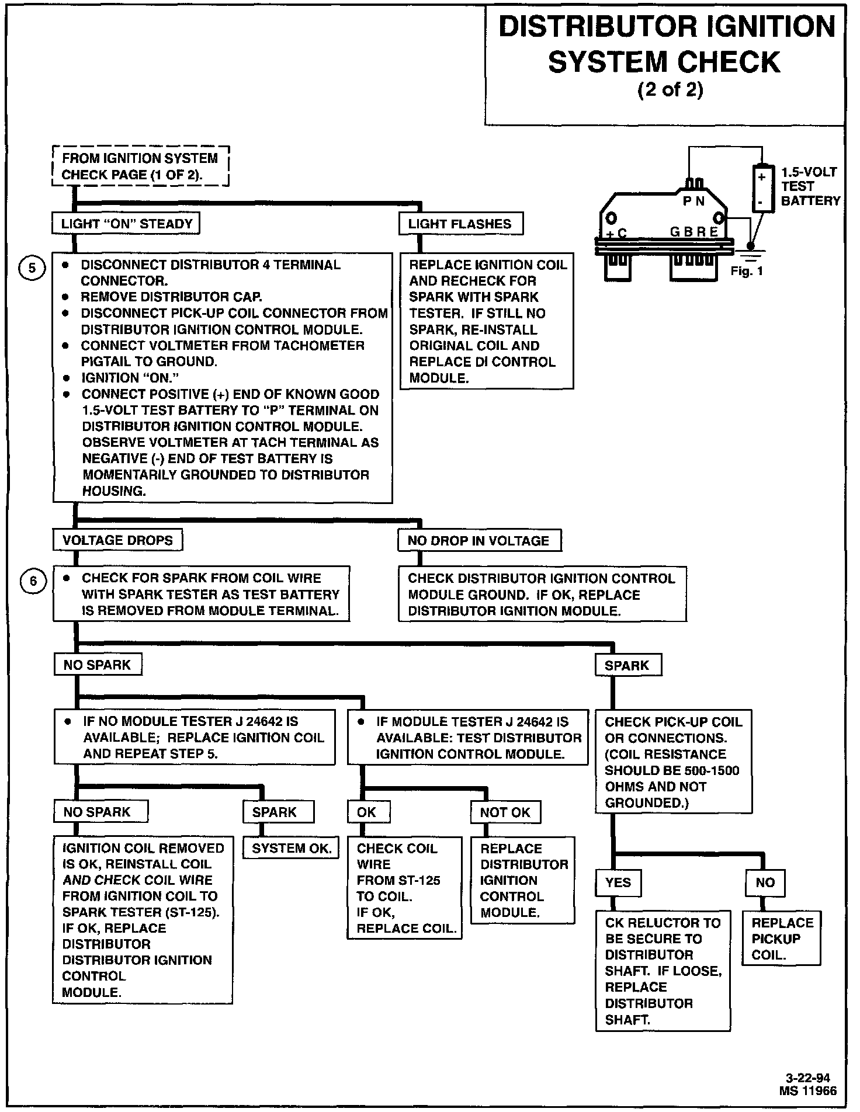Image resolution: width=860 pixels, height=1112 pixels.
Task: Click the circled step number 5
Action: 33,268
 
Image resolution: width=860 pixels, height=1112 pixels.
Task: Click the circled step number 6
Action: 33,581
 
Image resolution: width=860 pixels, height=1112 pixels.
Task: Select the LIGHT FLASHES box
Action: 460,224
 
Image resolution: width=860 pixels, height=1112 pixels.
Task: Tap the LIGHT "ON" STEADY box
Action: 126,224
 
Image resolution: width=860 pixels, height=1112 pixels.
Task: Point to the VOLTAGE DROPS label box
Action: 117,540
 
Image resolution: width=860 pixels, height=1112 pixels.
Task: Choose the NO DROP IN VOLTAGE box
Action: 479,541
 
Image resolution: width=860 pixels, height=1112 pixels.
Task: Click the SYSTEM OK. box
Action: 292,849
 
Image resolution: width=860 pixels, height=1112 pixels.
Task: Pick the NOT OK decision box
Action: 505,812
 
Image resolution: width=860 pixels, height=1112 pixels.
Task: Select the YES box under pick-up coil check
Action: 618,882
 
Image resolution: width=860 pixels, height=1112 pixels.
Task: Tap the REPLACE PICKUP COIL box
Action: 781,939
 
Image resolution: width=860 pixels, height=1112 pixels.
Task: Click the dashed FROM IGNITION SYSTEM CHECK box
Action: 140,166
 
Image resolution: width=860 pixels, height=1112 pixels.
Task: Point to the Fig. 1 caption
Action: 747,272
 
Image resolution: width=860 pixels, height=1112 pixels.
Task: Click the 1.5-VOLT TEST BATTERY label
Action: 810,186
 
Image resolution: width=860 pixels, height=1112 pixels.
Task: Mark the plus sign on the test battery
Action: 761,176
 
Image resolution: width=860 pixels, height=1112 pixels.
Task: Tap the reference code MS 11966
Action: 807,1090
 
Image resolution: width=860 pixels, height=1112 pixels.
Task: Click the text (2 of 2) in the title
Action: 670,91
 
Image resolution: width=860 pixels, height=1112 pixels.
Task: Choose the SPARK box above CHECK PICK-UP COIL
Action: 627,665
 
